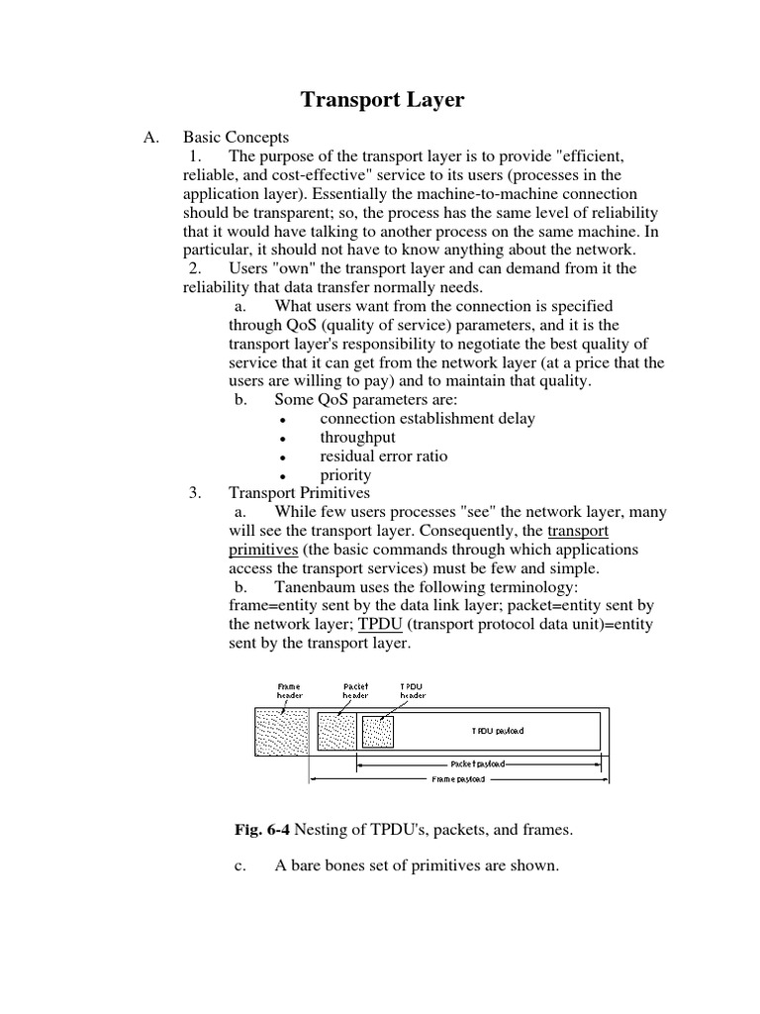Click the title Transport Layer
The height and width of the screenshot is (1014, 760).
point(381,99)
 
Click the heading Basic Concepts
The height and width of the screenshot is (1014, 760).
point(236,138)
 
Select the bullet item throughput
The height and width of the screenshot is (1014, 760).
point(357,437)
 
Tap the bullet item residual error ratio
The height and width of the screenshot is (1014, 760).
point(383,456)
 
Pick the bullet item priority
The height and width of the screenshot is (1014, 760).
point(345,474)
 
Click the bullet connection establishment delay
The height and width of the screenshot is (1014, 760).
point(427,418)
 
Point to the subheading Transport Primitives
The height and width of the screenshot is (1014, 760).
point(299,493)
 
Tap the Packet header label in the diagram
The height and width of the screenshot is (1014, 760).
point(356,690)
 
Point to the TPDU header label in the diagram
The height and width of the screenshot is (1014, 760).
point(414,690)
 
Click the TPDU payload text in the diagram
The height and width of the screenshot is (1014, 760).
point(497,731)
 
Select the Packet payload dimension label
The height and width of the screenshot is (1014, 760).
point(477,763)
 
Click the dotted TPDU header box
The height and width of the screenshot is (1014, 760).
point(378,732)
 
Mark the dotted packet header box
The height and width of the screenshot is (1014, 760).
point(334,732)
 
